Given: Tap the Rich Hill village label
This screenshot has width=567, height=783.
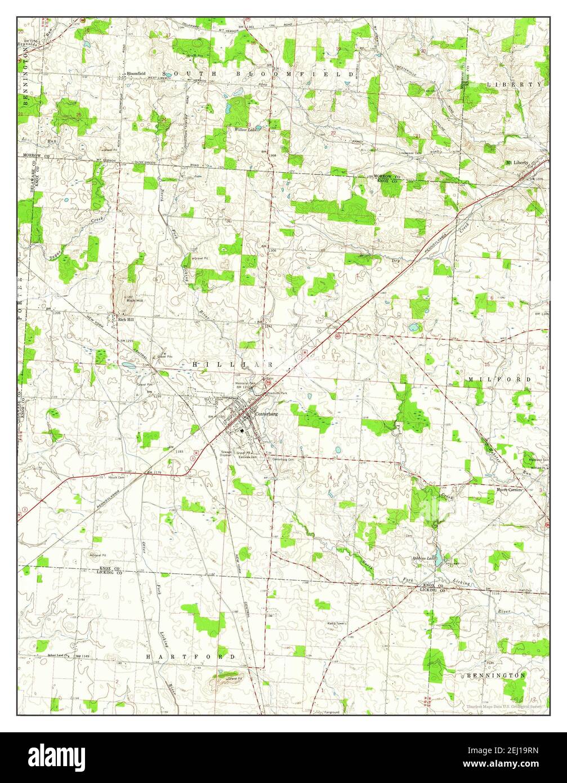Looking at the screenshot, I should [126, 319].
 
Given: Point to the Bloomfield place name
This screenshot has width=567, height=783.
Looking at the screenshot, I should [136, 73].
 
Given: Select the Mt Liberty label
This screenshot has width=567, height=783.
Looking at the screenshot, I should [517, 162].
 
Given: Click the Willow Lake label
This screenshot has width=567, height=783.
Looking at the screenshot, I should [245, 130].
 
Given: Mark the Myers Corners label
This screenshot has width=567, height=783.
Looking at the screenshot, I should [510, 490].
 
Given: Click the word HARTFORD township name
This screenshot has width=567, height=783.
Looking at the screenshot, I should [191, 657].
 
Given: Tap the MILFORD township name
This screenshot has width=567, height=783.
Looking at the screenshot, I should [498, 380].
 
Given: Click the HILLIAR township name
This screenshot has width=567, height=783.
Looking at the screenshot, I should [232, 364].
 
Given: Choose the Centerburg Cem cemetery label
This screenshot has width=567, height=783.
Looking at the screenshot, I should [283, 460].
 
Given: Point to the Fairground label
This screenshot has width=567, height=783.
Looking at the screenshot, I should [332, 712].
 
